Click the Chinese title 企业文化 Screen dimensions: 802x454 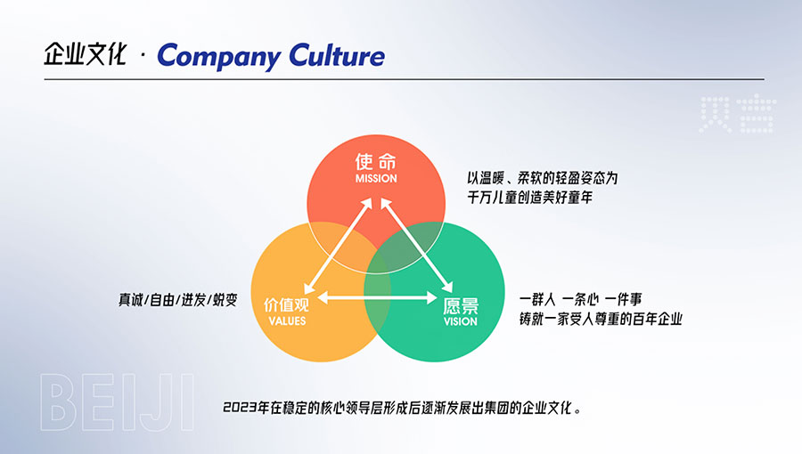(x=85, y=54)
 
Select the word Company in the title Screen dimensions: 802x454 (x=218, y=56)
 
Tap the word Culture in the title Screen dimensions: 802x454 (x=337, y=55)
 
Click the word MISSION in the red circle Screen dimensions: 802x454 (x=376, y=179)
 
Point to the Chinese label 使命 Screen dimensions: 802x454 (x=376, y=161)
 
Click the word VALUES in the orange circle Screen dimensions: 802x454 (x=287, y=321)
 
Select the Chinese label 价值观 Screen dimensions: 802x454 (x=286, y=304)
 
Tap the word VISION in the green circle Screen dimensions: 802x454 (x=461, y=321)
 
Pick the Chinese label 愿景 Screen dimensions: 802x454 (x=461, y=306)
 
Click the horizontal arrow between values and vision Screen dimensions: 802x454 (x=377, y=297)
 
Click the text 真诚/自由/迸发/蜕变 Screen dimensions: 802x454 (x=178, y=300)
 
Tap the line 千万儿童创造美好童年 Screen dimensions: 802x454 (x=529, y=197)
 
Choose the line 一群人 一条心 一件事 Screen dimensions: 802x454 (x=580, y=299)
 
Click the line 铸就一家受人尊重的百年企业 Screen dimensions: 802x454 (x=601, y=320)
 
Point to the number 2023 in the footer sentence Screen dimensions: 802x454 (x=240, y=408)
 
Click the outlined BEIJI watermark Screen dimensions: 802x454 (x=117, y=402)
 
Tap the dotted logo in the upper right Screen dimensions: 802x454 (x=738, y=115)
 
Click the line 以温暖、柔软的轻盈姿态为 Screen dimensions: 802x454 (x=542, y=178)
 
